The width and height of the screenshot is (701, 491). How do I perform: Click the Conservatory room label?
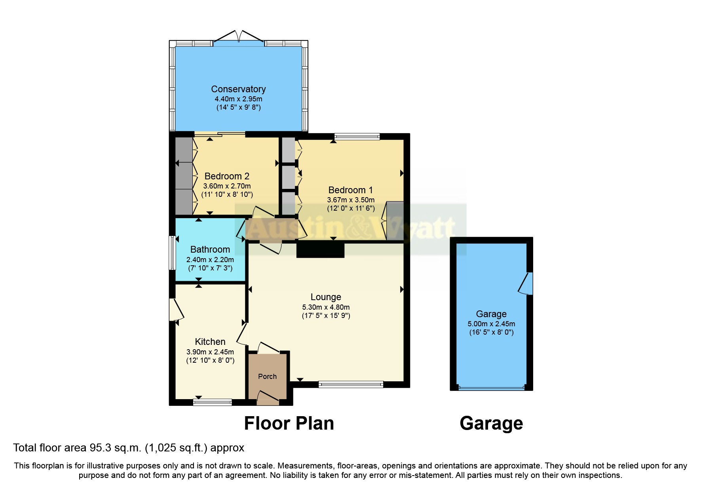(238, 89)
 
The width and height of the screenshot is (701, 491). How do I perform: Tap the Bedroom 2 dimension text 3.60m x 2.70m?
(227, 186)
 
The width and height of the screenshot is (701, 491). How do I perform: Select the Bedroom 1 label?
(350, 190)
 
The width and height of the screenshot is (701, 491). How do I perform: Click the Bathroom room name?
(210, 249)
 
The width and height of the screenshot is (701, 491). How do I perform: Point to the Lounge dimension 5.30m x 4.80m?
(326, 307)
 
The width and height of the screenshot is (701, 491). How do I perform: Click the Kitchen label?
(210, 342)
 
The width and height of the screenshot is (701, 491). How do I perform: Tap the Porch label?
(267, 377)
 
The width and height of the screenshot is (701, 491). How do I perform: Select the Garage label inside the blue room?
(491, 314)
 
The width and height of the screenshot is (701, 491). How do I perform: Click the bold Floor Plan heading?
(289, 423)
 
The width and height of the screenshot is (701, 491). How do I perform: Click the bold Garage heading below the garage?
(491, 423)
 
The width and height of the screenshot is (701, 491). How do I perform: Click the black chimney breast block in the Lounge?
(320, 250)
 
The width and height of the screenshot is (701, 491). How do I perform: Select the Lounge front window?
(351, 384)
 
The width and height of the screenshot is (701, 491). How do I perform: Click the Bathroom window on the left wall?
(172, 253)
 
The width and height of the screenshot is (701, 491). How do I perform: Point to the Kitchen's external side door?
(175, 310)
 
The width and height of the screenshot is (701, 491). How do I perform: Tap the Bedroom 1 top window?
(357, 137)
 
